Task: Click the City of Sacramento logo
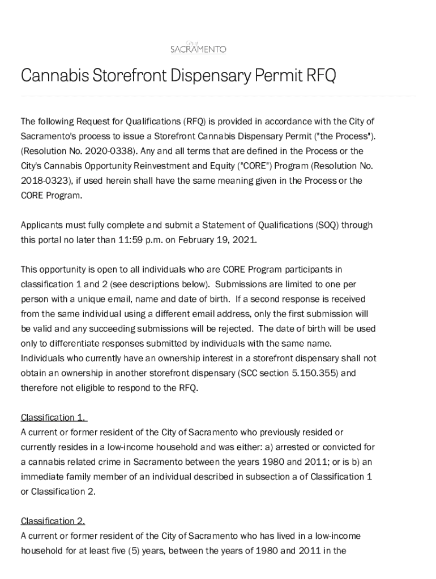click(198, 47)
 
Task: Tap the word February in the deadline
click(197, 240)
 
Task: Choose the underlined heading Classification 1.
click(53, 418)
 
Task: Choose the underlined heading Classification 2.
click(53, 521)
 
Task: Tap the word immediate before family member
click(42, 477)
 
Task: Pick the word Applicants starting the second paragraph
click(42, 225)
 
